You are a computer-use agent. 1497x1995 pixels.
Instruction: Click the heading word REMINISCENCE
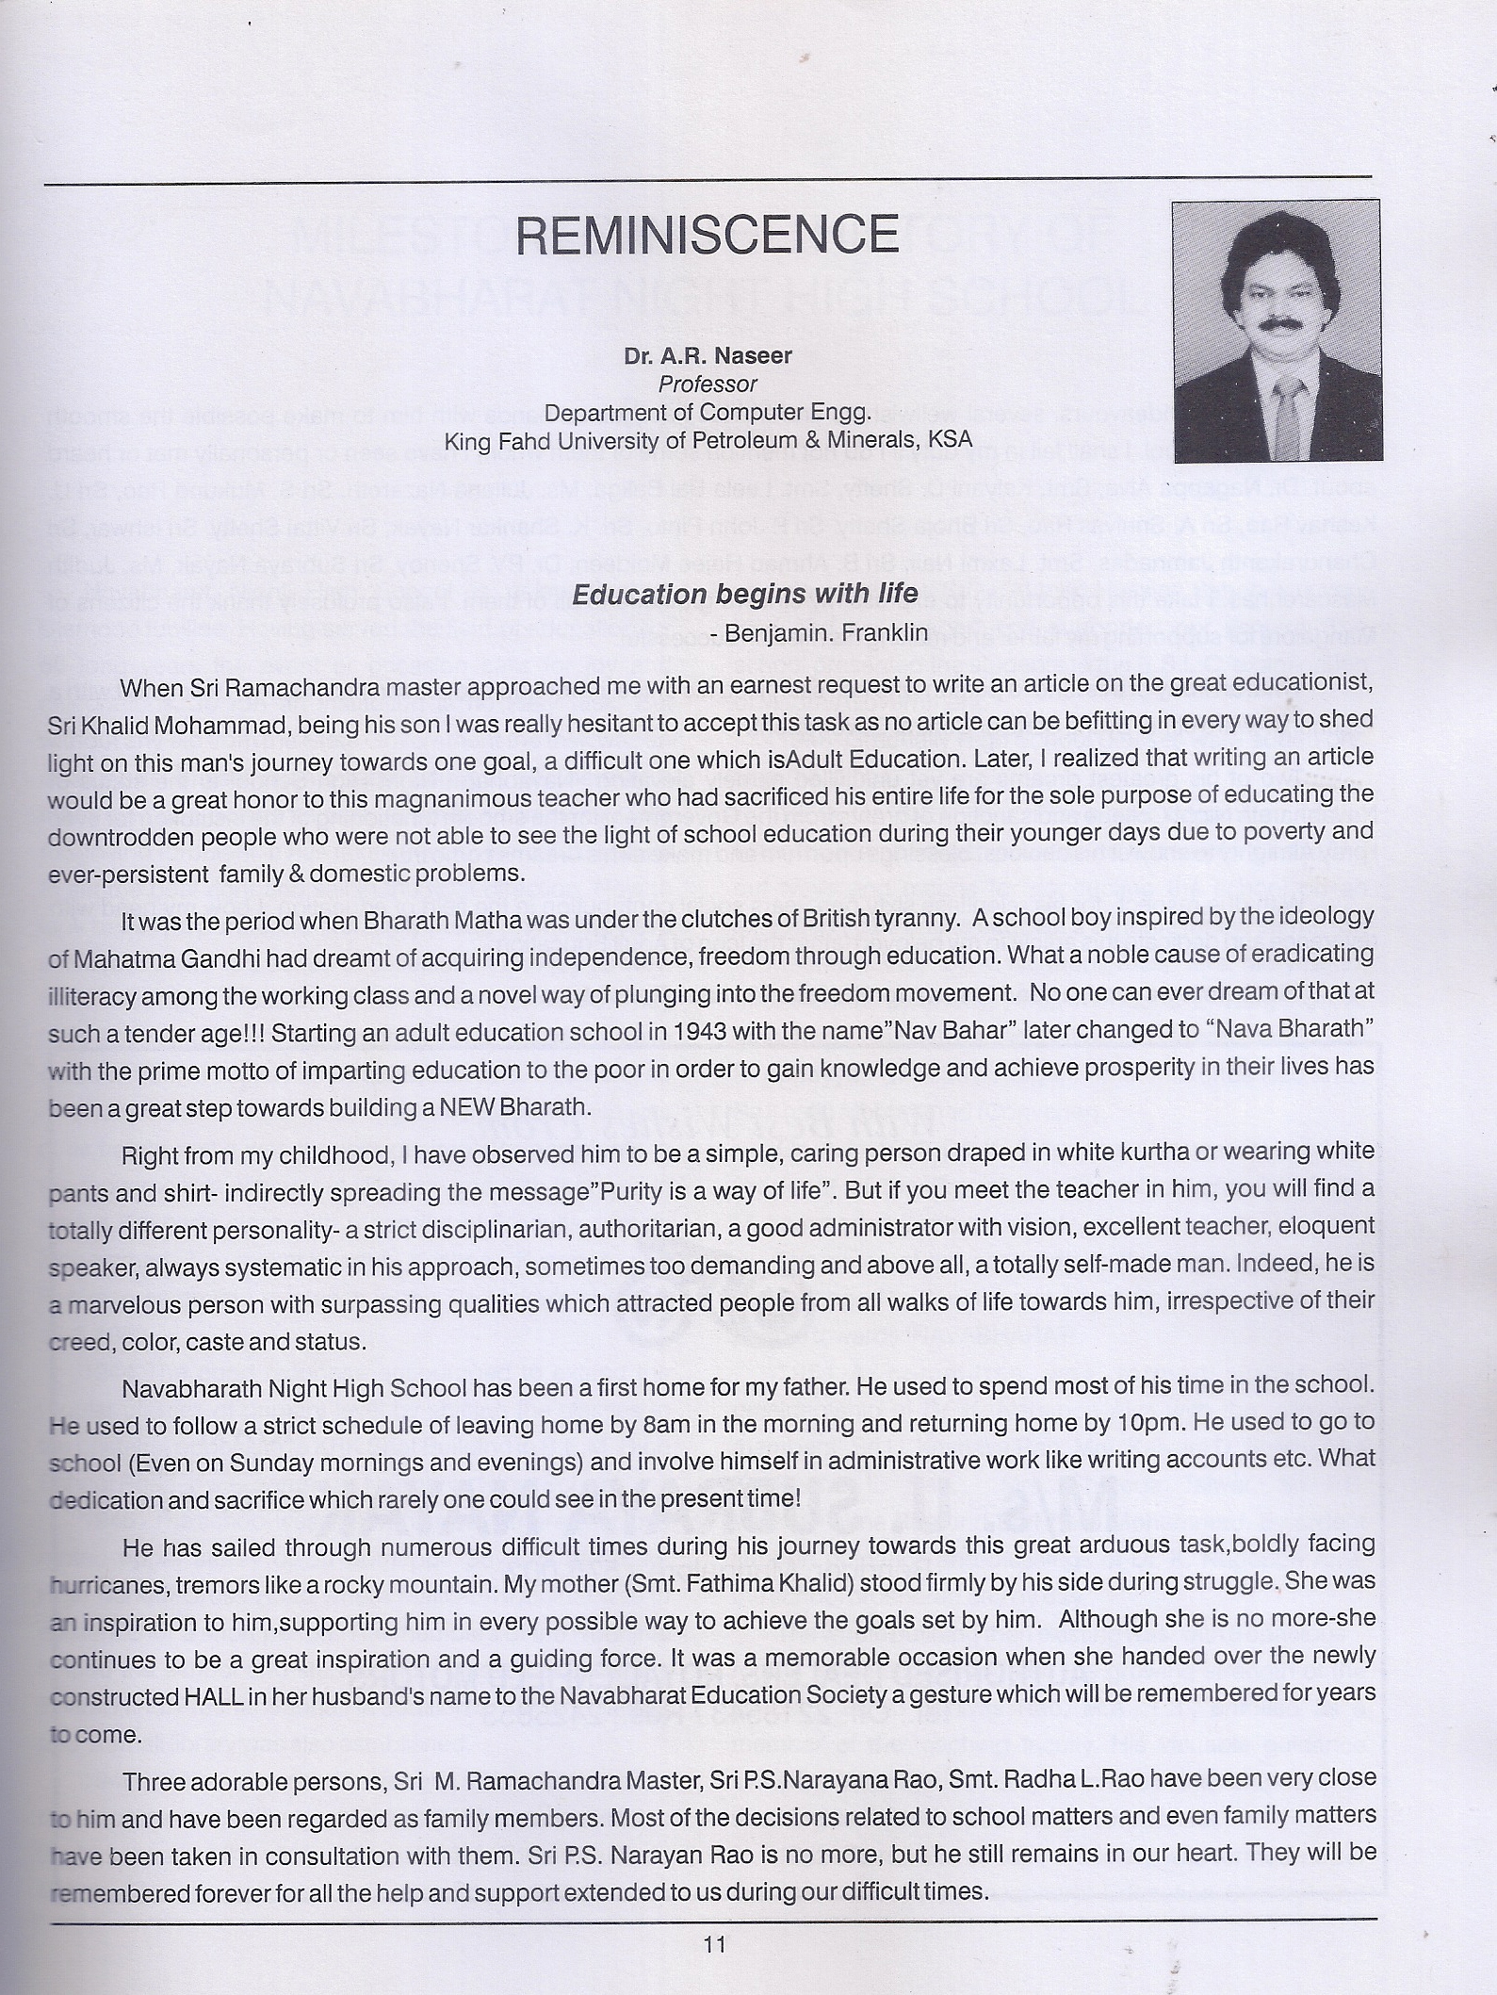pyautogui.click(x=708, y=235)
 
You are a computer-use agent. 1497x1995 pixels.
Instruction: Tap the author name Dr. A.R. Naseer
pyautogui.click(x=708, y=356)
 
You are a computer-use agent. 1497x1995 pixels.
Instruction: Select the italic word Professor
pyautogui.click(x=708, y=384)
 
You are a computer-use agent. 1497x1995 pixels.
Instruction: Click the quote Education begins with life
pyautogui.click(x=745, y=594)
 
